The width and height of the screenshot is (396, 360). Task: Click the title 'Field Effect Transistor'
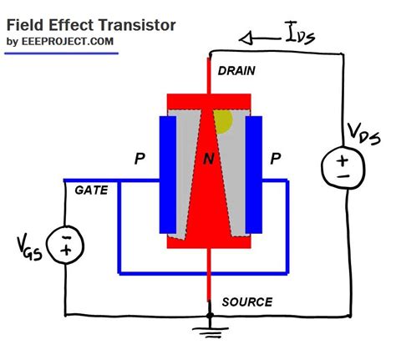coord(91,25)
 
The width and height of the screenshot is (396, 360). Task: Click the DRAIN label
coord(236,73)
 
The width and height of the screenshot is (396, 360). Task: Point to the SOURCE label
coord(246,302)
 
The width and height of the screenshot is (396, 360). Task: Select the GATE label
coord(90,190)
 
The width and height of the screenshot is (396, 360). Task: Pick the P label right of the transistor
coord(277,159)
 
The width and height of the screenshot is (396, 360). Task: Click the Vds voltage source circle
coord(343,167)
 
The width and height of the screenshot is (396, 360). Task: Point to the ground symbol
coord(209,332)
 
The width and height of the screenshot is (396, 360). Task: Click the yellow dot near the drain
coord(223,122)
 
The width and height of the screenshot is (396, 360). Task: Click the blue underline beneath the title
coord(61,53)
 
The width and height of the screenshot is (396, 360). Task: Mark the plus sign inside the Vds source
coord(343,160)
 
